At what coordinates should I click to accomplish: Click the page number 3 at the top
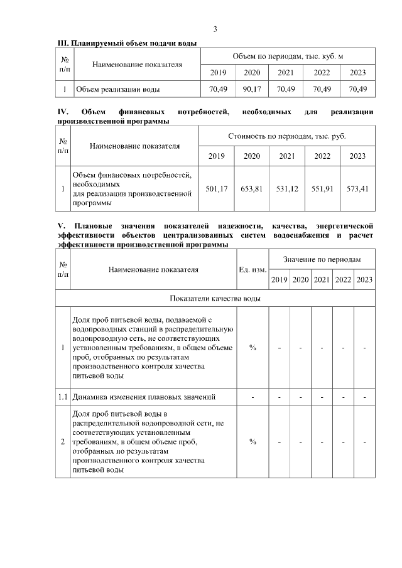215,29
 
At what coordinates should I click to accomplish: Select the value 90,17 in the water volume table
252,89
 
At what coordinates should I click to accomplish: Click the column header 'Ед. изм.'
253,270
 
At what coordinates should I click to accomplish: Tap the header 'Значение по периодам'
322,259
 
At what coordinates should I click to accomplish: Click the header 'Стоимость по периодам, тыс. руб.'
286,136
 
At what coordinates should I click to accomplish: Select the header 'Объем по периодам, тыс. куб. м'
287,56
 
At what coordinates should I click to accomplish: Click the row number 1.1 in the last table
63,397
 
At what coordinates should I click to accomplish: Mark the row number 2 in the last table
63,442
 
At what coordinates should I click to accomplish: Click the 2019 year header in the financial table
216,156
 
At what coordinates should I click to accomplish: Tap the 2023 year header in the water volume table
357,73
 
